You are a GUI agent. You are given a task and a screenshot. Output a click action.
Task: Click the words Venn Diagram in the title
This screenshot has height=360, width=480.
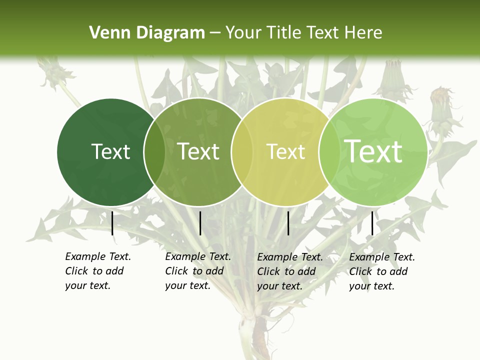click(147, 33)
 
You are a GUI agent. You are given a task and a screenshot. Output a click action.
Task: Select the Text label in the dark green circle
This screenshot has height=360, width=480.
click(110, 151)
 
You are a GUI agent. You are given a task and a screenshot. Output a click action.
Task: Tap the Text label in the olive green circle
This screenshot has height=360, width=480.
click(198, 151)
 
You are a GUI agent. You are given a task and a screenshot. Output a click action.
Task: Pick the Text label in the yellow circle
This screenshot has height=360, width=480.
click(285, 151)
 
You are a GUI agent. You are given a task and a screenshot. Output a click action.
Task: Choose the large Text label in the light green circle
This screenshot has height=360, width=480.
click(373, 151)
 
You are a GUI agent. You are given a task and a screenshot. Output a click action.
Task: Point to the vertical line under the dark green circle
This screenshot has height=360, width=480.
click(112, 223)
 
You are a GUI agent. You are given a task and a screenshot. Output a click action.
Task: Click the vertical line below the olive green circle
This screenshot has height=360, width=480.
click(200, 223)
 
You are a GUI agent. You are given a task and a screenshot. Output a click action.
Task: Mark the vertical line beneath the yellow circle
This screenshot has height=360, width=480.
click(288, 223)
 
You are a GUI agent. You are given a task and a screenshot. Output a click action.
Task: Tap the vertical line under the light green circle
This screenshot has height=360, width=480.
click(372, 223)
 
